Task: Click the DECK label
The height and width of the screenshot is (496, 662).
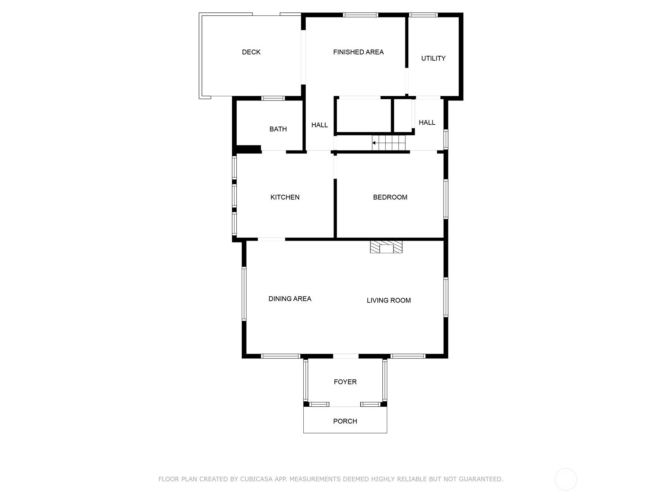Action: (x=251, y=52)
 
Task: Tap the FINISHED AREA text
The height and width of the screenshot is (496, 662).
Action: (x=358, y=52)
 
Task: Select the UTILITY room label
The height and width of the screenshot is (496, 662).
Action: (x=433, y=58)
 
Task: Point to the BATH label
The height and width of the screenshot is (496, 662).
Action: (x=278, y=129)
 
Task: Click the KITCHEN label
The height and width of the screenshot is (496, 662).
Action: (x=285, y=197)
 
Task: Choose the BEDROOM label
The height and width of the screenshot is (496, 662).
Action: (x=390, y=197)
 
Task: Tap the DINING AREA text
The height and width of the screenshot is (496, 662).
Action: (x=290, y=299)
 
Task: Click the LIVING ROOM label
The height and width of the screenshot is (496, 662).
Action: (x=389, y=300)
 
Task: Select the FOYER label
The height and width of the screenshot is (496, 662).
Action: (x=345, y=382)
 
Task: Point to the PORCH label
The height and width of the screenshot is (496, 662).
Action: (x=345, y=421)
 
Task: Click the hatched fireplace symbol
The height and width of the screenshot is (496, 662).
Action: (x=386, y=247)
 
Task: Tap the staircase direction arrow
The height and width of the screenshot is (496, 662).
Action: (x=374, y=143)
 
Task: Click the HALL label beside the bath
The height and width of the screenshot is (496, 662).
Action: (x=319, y=125)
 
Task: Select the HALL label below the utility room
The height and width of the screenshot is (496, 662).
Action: (x=427, y=123)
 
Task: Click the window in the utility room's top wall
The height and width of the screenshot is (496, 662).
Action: (x=423, y=15)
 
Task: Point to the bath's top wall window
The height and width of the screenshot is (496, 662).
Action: (x=273, y=98)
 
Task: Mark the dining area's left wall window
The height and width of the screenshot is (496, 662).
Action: (x=244, y=293)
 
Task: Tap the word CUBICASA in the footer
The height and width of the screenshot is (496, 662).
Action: (x=256, y=479)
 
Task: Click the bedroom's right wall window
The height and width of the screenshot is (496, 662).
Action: (x=446, y=199)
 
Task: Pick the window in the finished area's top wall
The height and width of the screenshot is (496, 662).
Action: (x=360, y=15)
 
